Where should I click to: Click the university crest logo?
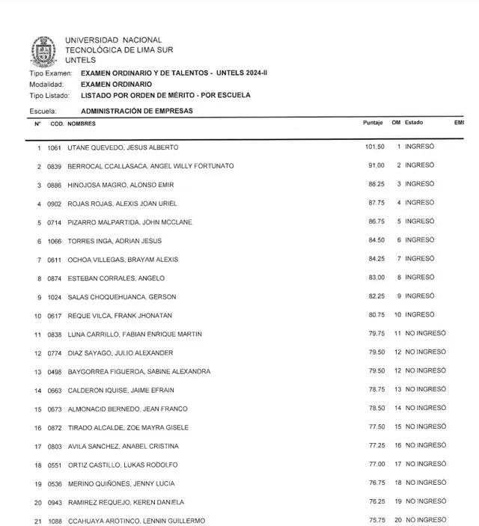43,50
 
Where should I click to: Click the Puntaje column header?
373,123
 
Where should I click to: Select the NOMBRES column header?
82,123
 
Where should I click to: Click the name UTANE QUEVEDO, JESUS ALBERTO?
123,147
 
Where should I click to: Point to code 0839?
55,166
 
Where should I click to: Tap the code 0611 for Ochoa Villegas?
55,260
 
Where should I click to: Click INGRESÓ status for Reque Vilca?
420,315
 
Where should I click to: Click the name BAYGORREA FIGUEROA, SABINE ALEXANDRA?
138,372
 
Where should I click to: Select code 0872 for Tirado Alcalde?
55,428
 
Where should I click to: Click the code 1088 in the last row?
55,521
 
